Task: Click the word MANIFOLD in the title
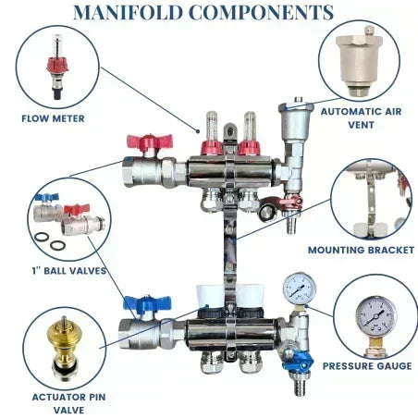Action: coord(128,12)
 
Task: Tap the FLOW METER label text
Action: coord(53,118)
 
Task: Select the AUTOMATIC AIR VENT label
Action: coord(361,118)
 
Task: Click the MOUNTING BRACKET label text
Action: coord(361,250)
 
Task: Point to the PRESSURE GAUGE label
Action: coord(367,366)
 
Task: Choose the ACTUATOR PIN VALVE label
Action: coord(68,403)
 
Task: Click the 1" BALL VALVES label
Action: coord(69,271)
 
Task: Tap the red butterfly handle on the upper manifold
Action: coord(150,142)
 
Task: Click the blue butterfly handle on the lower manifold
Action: coord(147,303)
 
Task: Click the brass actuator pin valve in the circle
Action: coord(65,350)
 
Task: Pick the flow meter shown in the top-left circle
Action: coord(57,67)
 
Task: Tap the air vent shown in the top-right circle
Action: coord(359,61)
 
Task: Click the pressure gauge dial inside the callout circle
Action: coord(375,315)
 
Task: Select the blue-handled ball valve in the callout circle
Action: coord(48,207)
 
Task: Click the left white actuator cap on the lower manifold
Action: coord(210,296)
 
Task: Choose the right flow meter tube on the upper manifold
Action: coord(249,127)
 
